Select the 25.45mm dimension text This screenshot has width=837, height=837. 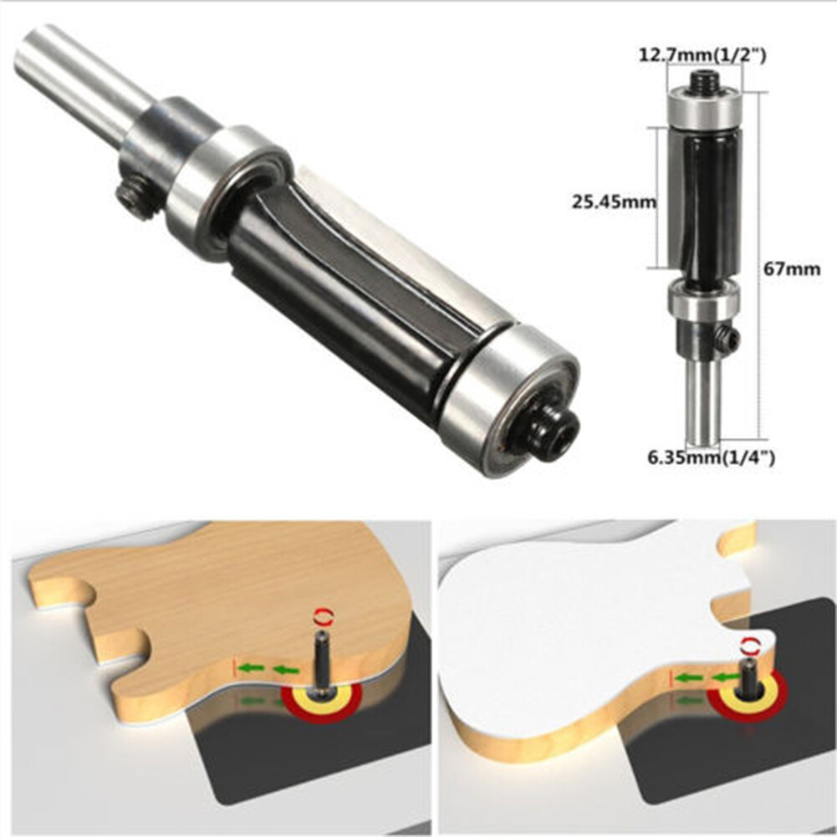(x=608, y=201)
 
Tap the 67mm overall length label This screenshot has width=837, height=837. (x=793, y=269)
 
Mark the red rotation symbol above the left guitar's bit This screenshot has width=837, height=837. (x=320, y=616)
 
